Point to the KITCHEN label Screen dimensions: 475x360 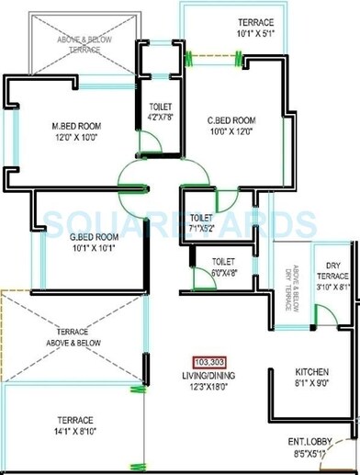(311, 373)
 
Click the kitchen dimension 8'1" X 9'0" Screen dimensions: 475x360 (311, 385)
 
